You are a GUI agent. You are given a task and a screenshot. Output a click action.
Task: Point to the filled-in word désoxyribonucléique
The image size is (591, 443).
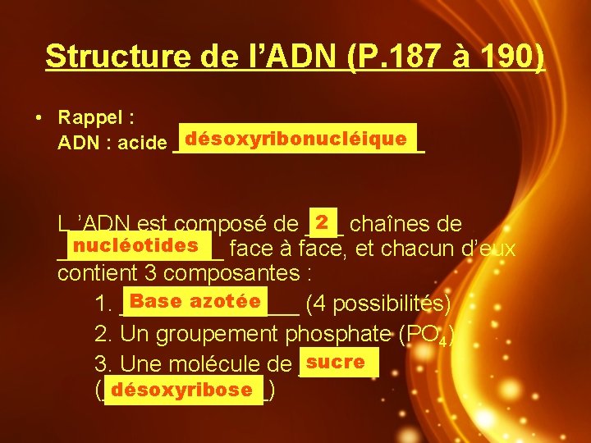[296, 139]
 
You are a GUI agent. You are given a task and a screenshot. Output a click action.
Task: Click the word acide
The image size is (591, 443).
[141, 144]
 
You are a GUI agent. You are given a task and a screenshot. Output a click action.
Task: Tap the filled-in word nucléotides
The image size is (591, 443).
[135, 244]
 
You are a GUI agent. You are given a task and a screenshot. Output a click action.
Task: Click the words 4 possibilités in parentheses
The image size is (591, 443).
[378, 304]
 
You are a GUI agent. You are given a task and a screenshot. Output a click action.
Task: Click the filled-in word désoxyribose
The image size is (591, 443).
[181, 390]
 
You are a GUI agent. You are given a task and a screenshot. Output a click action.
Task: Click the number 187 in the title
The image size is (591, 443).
[438, 57]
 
